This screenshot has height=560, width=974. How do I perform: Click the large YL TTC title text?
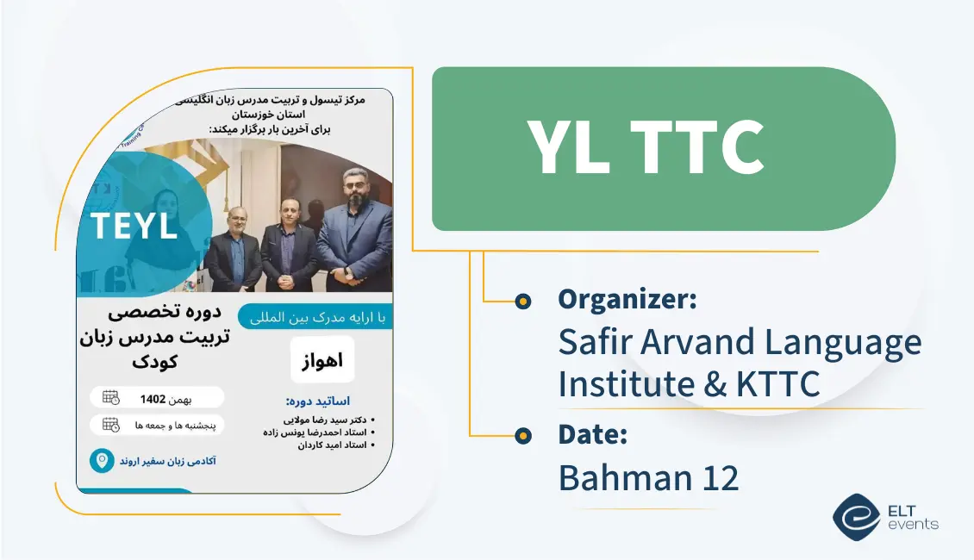click(x=645, y=148)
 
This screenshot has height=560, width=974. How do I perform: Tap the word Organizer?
click(x=627, y=300)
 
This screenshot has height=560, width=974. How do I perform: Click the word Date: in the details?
click(x=592, y=434)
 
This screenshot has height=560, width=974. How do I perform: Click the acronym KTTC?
click(x=777, y=383)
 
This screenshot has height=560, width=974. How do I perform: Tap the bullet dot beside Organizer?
click(x=522, y=301)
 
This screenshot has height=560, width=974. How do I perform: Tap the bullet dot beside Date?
click(x=522, y=435)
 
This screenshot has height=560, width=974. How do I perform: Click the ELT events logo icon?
click(x=855, y=516)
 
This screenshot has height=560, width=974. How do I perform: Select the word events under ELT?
click(x=912, y=524)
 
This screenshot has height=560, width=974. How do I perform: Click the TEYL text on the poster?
click(x=134, y=226)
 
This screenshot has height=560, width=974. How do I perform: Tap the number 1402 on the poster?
click(x=153, y=398)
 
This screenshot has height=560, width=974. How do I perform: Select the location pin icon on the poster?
click(x=102, y=461)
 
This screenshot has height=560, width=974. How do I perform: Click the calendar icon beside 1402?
click(x=110, y=398)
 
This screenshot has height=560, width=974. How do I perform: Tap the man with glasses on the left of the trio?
click(x=234, y=246)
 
